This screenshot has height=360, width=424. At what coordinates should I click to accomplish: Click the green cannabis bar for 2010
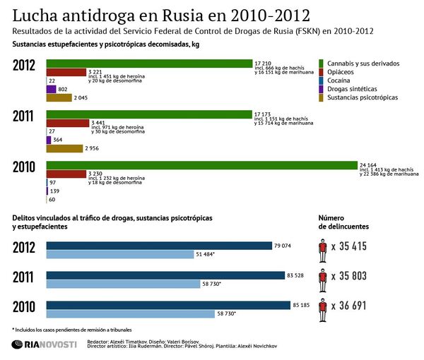tap(201, 165)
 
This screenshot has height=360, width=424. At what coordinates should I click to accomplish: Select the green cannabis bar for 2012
tap(149, 64)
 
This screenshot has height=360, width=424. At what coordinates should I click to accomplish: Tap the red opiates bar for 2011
tap(67, 123)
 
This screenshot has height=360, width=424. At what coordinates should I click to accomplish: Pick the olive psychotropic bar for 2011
tap(64, 148)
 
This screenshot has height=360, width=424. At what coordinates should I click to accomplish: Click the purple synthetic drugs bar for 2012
tap(51, 89)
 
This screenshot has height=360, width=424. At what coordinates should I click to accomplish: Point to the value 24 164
tap(370, 164)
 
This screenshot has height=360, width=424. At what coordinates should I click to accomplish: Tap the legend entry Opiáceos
tap(346, 71)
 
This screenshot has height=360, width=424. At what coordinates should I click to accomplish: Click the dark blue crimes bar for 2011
tap(159, 275)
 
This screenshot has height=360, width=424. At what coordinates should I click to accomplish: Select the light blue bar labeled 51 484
tap(120, 254)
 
